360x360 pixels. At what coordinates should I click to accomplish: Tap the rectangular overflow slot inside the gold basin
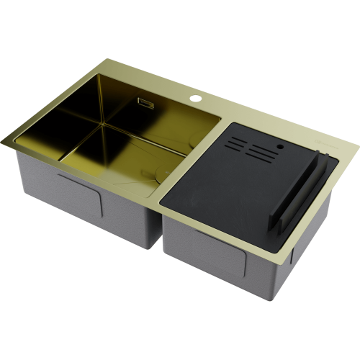146,103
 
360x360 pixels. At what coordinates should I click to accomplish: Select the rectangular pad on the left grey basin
79,198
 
